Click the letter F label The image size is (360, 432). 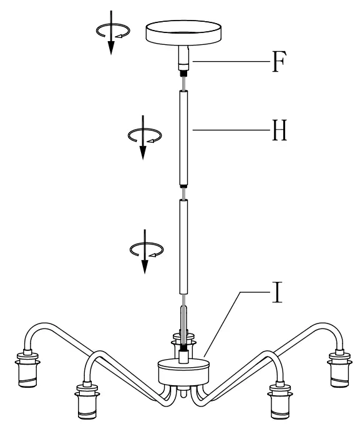tap(279, 63)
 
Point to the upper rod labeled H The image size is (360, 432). tap(183, 137)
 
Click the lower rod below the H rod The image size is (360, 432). tap(183, 249)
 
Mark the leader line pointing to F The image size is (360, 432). tap(231, 62)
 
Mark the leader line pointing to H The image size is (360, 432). tap(231, 130)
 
